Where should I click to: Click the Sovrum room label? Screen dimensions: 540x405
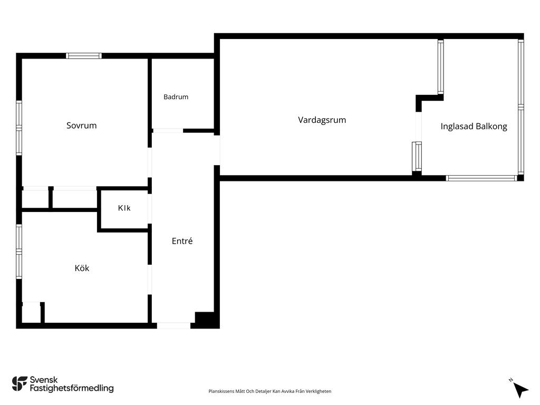pos(81,126)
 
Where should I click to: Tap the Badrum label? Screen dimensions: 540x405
pos(176,97)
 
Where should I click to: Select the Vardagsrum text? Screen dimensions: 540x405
pos(322,120)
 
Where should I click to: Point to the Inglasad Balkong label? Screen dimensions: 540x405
pos(474,127)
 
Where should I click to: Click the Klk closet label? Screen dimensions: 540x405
pos(124,208)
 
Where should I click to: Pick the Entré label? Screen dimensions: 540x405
pos(182,240)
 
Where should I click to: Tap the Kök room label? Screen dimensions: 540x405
pos(82,268)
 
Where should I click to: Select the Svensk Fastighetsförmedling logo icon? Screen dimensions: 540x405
pos(20,384)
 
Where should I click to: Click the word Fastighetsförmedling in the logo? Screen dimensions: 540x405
pos(72,389)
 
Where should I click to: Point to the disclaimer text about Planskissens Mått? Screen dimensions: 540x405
pos(269,391)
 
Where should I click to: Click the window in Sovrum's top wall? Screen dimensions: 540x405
pos(84,56)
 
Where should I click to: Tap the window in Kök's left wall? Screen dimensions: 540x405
pos(19,252)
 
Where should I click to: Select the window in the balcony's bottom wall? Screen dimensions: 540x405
pos(481,178)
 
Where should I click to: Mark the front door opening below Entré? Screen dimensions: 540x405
pos(173,325)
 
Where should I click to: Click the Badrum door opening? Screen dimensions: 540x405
pos(168,131)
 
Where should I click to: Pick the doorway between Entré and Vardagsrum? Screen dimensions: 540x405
pos(217,150)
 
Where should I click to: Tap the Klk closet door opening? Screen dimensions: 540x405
pos(150,209)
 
